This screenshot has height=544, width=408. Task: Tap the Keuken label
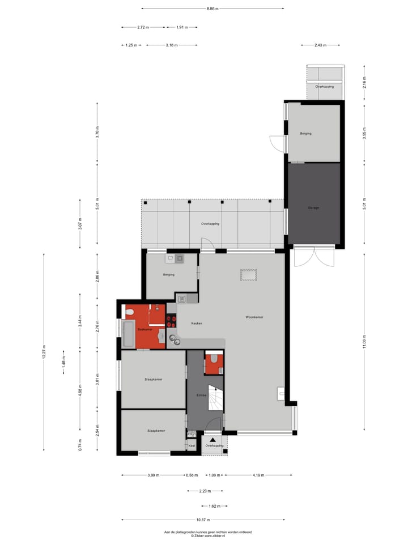click(197, 323)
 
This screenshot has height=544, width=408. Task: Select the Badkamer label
click(145, 329)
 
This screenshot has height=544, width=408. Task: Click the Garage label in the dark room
click(314, 208)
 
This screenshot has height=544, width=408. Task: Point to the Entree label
click(201, 395)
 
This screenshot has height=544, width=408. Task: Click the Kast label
click(192, 446)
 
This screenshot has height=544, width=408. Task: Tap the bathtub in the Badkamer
click(128, 334)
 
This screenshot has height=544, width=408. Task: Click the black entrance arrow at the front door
click(212, 439)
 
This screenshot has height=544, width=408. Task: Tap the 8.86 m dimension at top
click(212, 8)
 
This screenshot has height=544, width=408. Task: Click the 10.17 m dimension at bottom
click(204, 520)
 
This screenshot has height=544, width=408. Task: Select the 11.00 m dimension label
click(364, 345)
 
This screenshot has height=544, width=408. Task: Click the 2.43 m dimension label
click(320, 45)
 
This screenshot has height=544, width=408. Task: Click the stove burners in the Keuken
click(171, 322)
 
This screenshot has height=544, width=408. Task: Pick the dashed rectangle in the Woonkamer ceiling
click(249, 275)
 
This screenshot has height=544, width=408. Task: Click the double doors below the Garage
click(314, 257)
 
